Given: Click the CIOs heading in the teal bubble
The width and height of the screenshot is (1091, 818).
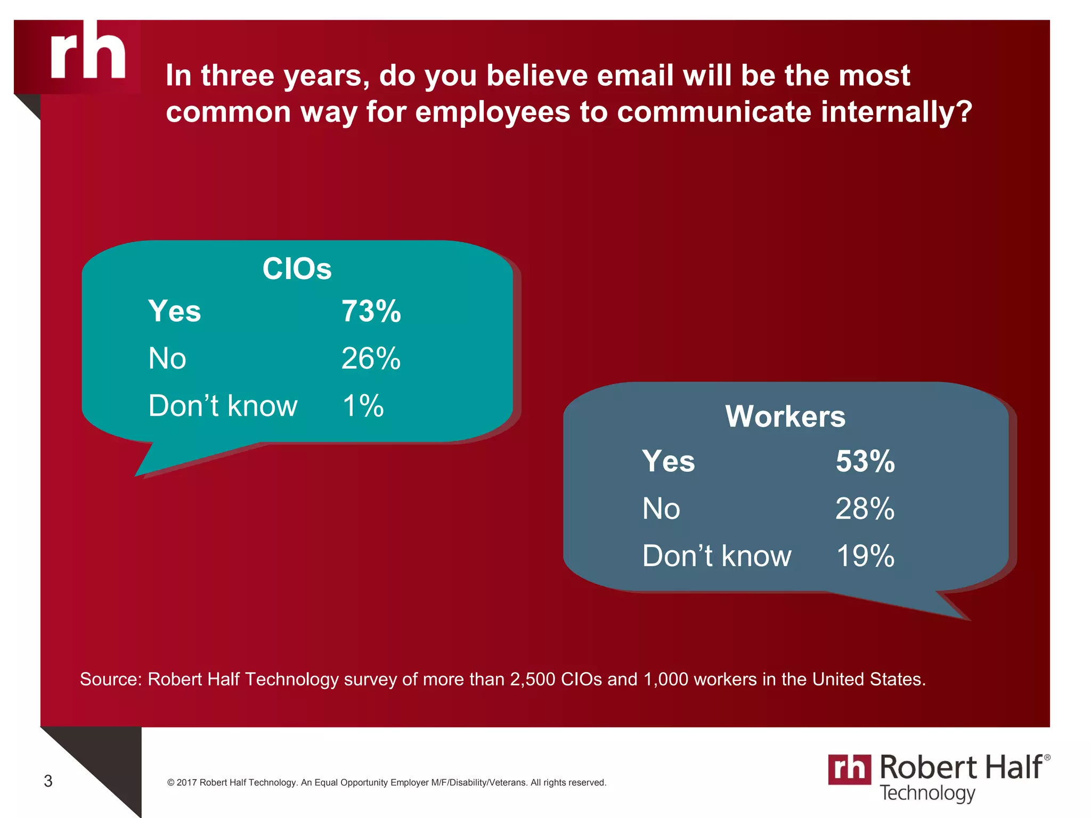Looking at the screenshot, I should (x=297, y=268).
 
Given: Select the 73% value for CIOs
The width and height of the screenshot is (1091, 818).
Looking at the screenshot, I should (x=371, y=311).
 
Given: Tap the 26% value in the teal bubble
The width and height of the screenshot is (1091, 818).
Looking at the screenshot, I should (x=371, y=358).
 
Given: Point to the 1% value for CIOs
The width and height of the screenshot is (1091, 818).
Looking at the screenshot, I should (x=363, y=406).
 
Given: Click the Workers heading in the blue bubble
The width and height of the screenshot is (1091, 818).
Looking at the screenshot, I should (x=785, y=416).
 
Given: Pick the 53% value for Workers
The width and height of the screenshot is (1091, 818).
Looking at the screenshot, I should (x=865, y=461).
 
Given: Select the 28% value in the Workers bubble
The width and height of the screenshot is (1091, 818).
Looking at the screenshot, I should (x=865, y=509).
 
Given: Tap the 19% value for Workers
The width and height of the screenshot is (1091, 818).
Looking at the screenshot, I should (x=865, y=556).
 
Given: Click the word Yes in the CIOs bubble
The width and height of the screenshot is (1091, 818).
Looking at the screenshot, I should (x=174, y=311).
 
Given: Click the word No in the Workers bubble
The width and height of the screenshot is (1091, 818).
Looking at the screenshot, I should (x=661, y=509).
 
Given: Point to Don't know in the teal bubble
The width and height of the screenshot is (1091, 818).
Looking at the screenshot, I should (x=223, y=406).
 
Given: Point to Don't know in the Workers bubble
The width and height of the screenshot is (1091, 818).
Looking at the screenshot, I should (x=717, y=556).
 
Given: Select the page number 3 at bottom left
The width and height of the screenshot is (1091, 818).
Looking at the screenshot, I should (x=48, y=781).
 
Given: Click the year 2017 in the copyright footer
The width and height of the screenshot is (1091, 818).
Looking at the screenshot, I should (x=186, y=782).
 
